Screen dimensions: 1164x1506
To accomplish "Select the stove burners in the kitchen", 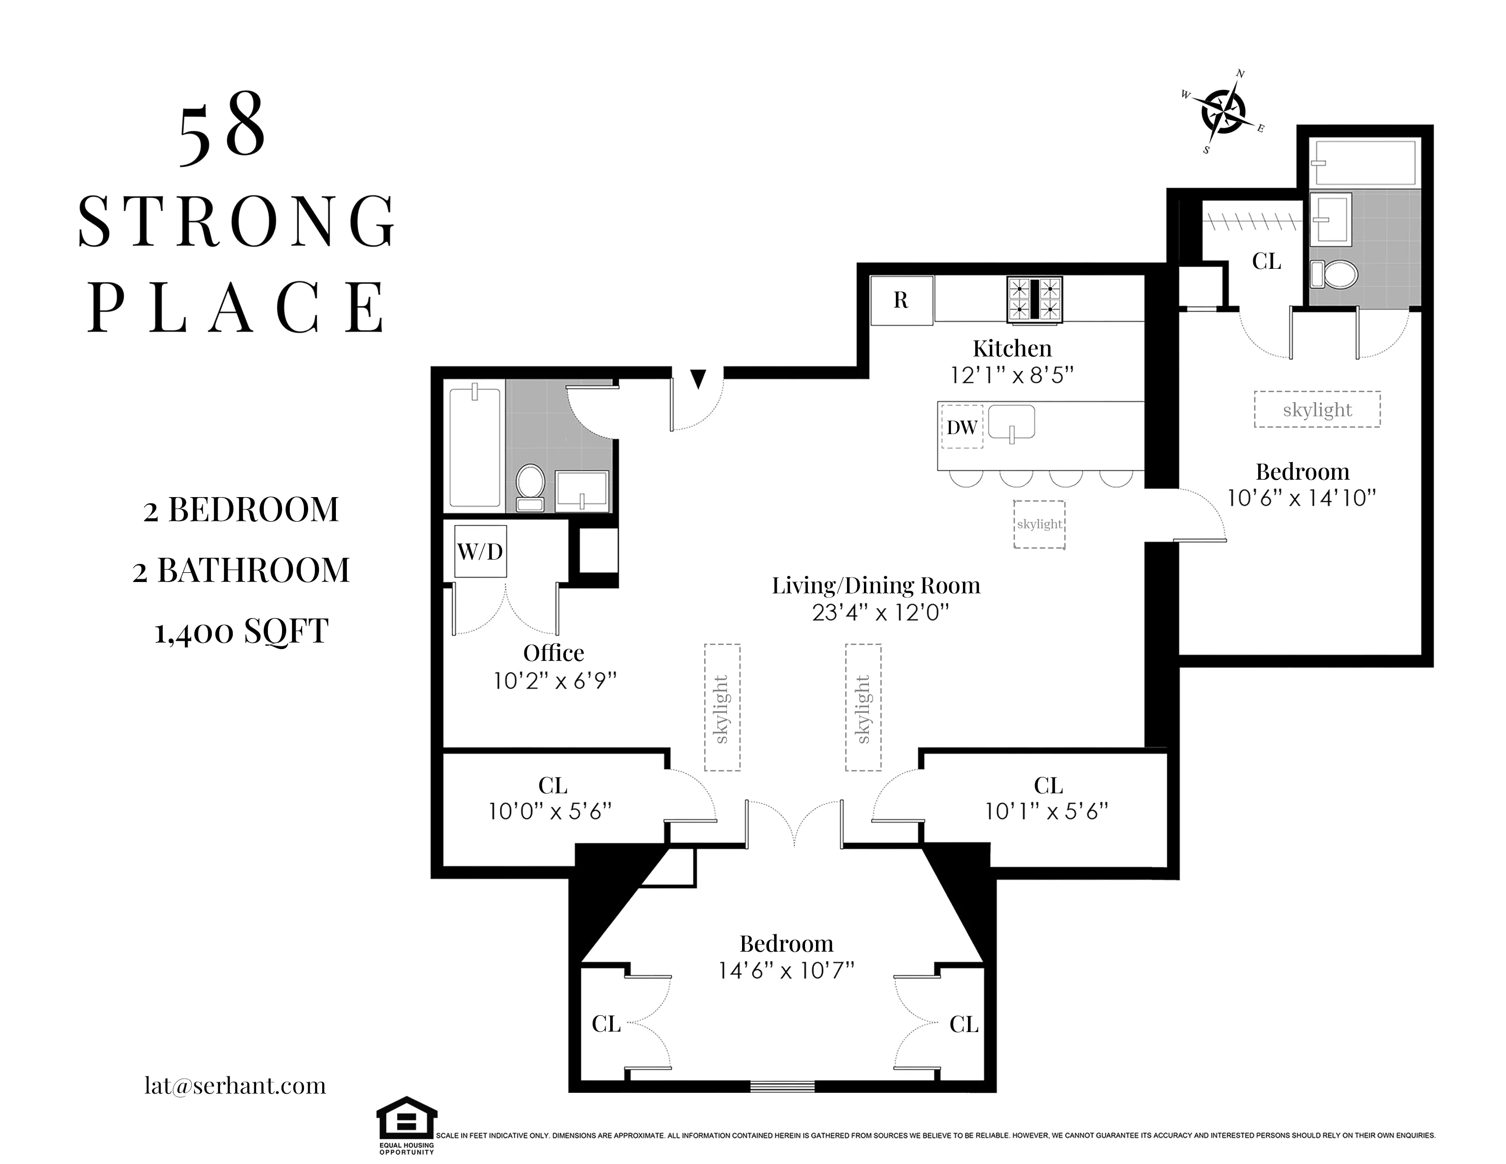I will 1034,299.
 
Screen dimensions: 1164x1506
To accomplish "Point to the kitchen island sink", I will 1012,423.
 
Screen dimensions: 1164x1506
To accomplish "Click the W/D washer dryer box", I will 481,552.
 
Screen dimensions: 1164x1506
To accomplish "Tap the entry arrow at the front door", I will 698,378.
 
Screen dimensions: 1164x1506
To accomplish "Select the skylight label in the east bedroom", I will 1317,409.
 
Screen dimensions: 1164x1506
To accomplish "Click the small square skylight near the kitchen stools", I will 1039,524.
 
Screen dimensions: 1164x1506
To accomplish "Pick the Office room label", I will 553,652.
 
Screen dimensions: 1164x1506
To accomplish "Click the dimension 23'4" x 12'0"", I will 881,612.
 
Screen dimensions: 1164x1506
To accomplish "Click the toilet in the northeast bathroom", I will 1335,274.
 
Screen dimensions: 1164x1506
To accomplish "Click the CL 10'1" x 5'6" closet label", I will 1047,798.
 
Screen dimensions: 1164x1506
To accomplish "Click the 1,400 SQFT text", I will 241,631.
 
